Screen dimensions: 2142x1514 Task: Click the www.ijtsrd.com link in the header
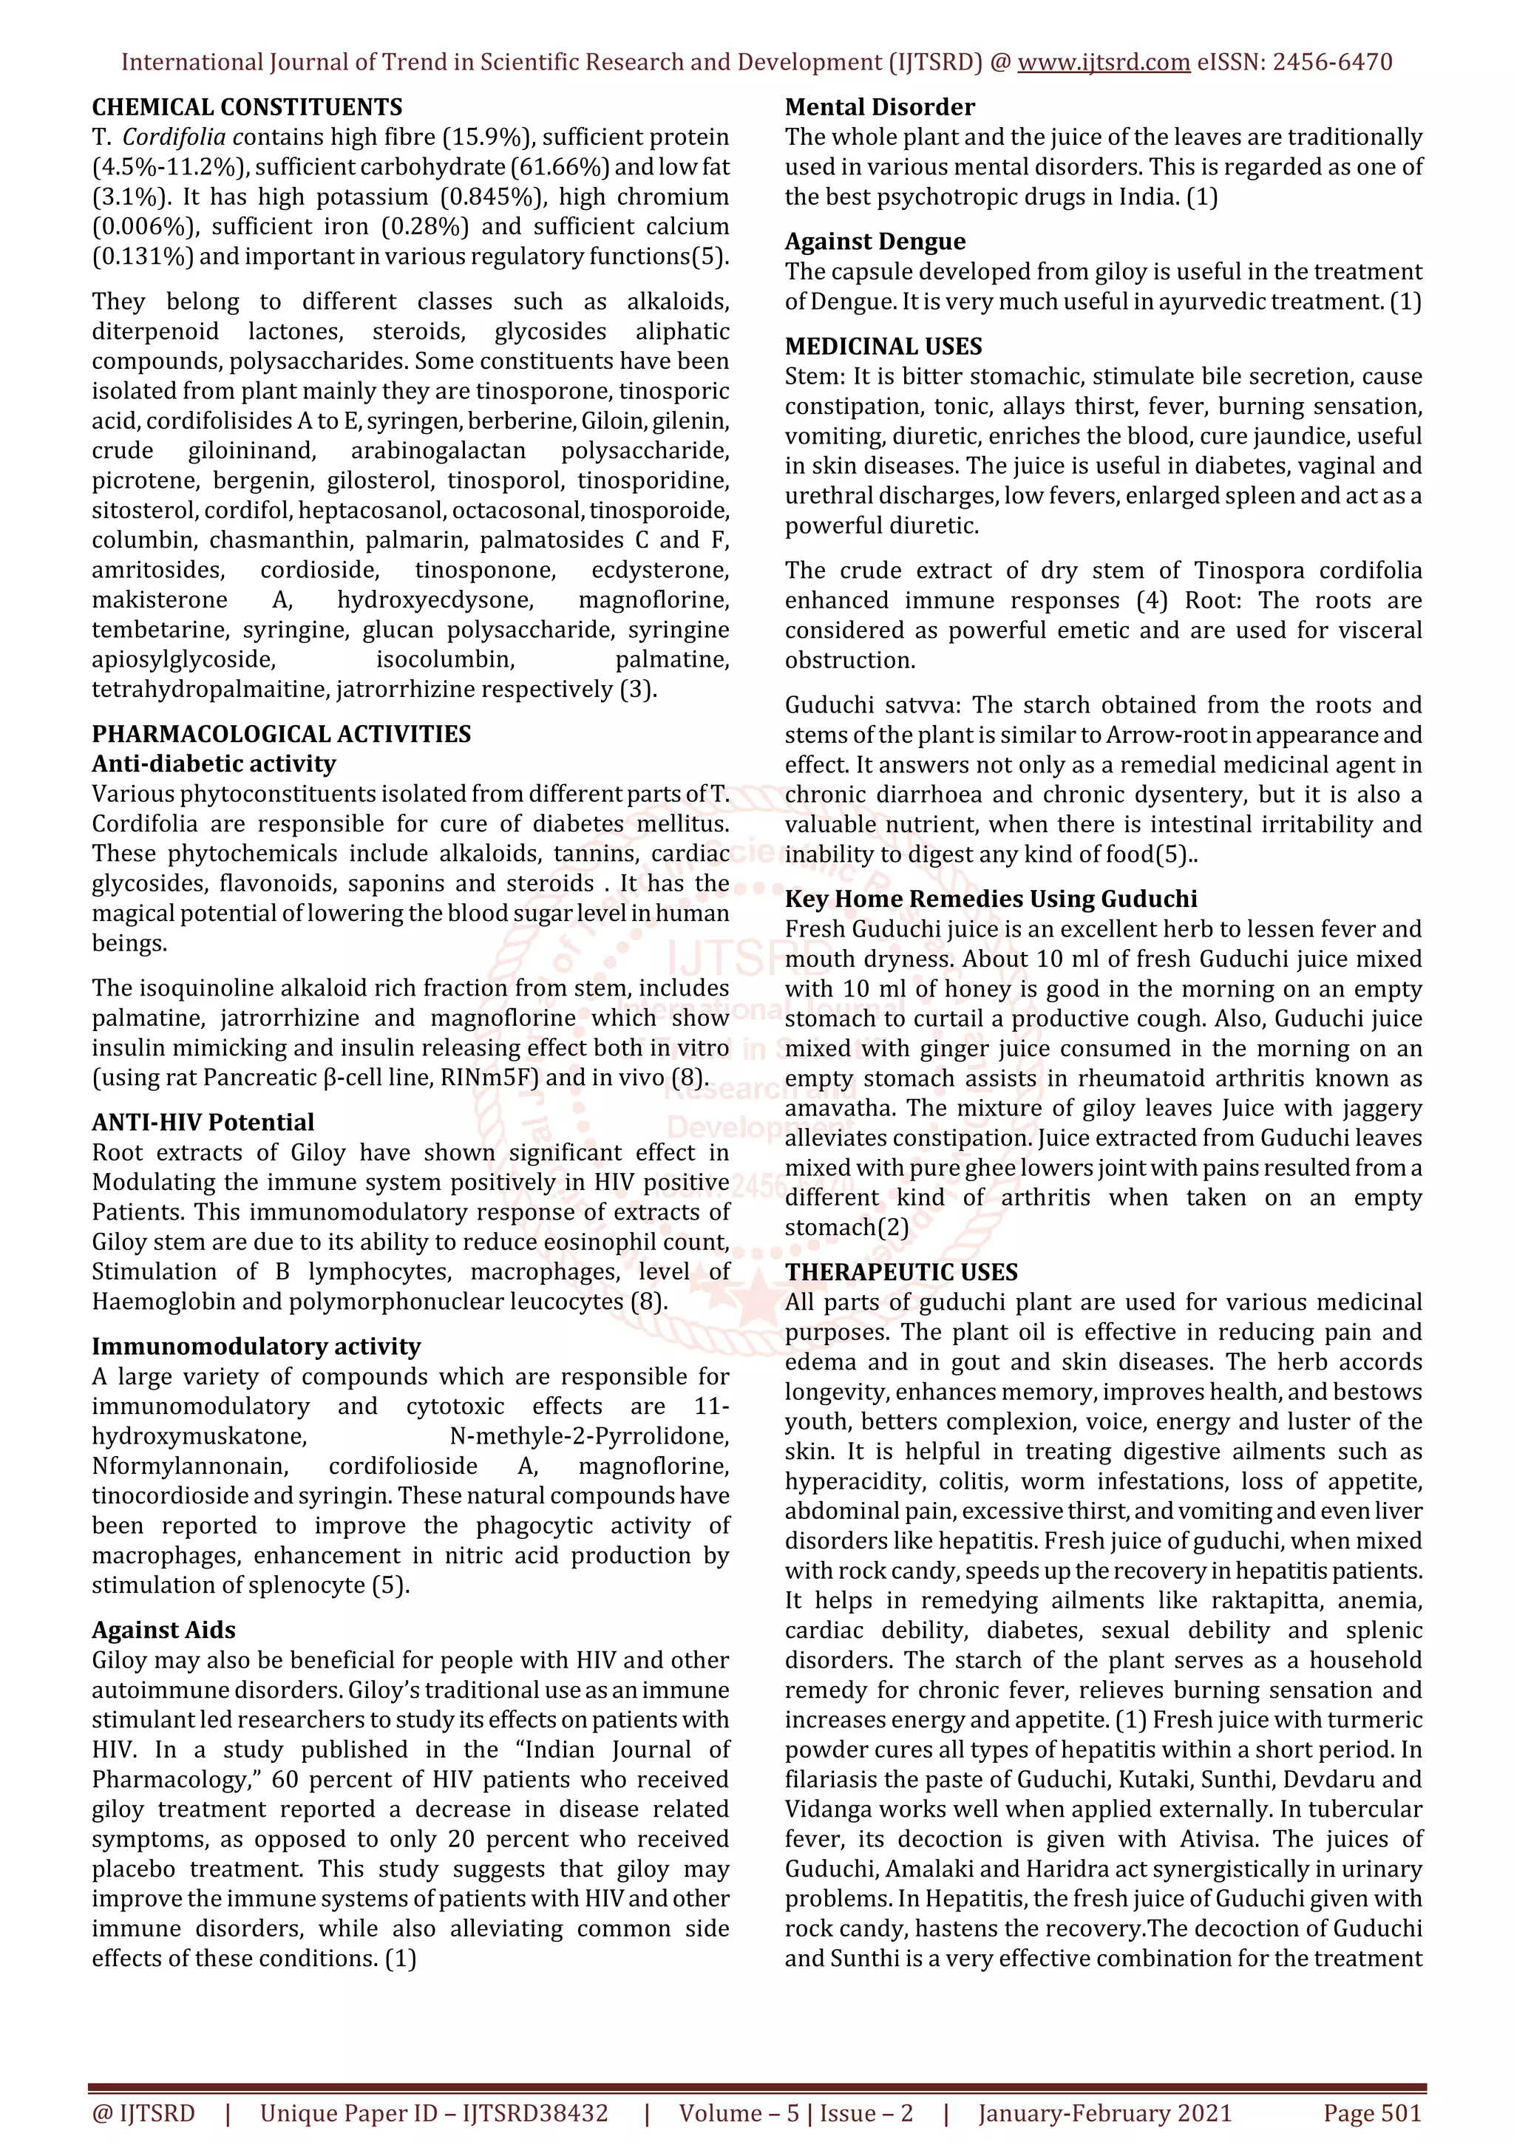pos(1103,63)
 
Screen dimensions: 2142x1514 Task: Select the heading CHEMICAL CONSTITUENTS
pos(247,107)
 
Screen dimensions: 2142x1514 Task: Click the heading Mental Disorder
pos(879,107)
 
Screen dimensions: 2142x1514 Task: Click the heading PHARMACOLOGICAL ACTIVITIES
pos(281,734)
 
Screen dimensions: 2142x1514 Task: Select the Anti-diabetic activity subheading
pos(213,764)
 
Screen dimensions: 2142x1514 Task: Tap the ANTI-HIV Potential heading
pos(203,1122)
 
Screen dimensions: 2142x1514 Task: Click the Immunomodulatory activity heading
pos(256,1346)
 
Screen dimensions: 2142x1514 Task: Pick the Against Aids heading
pos(163,1630)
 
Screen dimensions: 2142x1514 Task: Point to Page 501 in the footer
pos(1371,2113)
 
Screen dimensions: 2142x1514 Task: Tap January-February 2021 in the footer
pos(1104,2113)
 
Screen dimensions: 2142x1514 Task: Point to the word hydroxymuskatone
pos(199,1436)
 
